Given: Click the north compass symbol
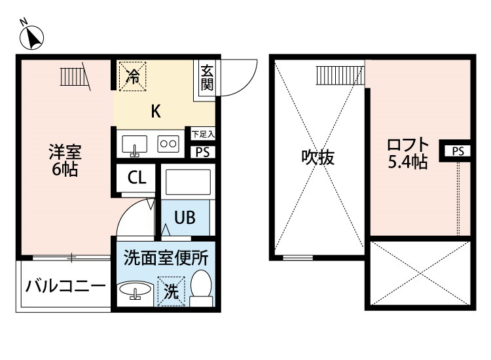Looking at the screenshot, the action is (31, 37).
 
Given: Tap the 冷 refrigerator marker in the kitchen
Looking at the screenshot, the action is (133, 76).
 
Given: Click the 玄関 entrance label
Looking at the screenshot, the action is (207, 78).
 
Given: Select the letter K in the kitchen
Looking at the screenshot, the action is (156, 111).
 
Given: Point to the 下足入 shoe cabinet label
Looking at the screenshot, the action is (203, 134).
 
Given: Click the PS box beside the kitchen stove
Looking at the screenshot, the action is (203, 152).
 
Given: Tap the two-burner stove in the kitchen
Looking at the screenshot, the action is (168, 144).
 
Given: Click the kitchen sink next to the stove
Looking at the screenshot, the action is (135, 145).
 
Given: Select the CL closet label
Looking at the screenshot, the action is (137, 177).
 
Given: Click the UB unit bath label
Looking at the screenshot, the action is (185, 217).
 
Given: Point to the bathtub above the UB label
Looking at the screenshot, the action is (188, 182).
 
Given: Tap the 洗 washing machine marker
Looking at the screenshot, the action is (172, 291).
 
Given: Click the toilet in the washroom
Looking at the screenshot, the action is (201, 288).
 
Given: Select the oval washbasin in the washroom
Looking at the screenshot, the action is (135, 289).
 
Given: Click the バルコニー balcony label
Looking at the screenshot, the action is (65, 286).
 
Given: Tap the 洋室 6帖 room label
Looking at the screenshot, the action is (65, 160).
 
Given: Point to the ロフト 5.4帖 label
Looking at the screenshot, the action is (407, 153).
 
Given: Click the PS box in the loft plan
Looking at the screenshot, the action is (458, 151).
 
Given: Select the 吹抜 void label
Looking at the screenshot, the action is (318, 158).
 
